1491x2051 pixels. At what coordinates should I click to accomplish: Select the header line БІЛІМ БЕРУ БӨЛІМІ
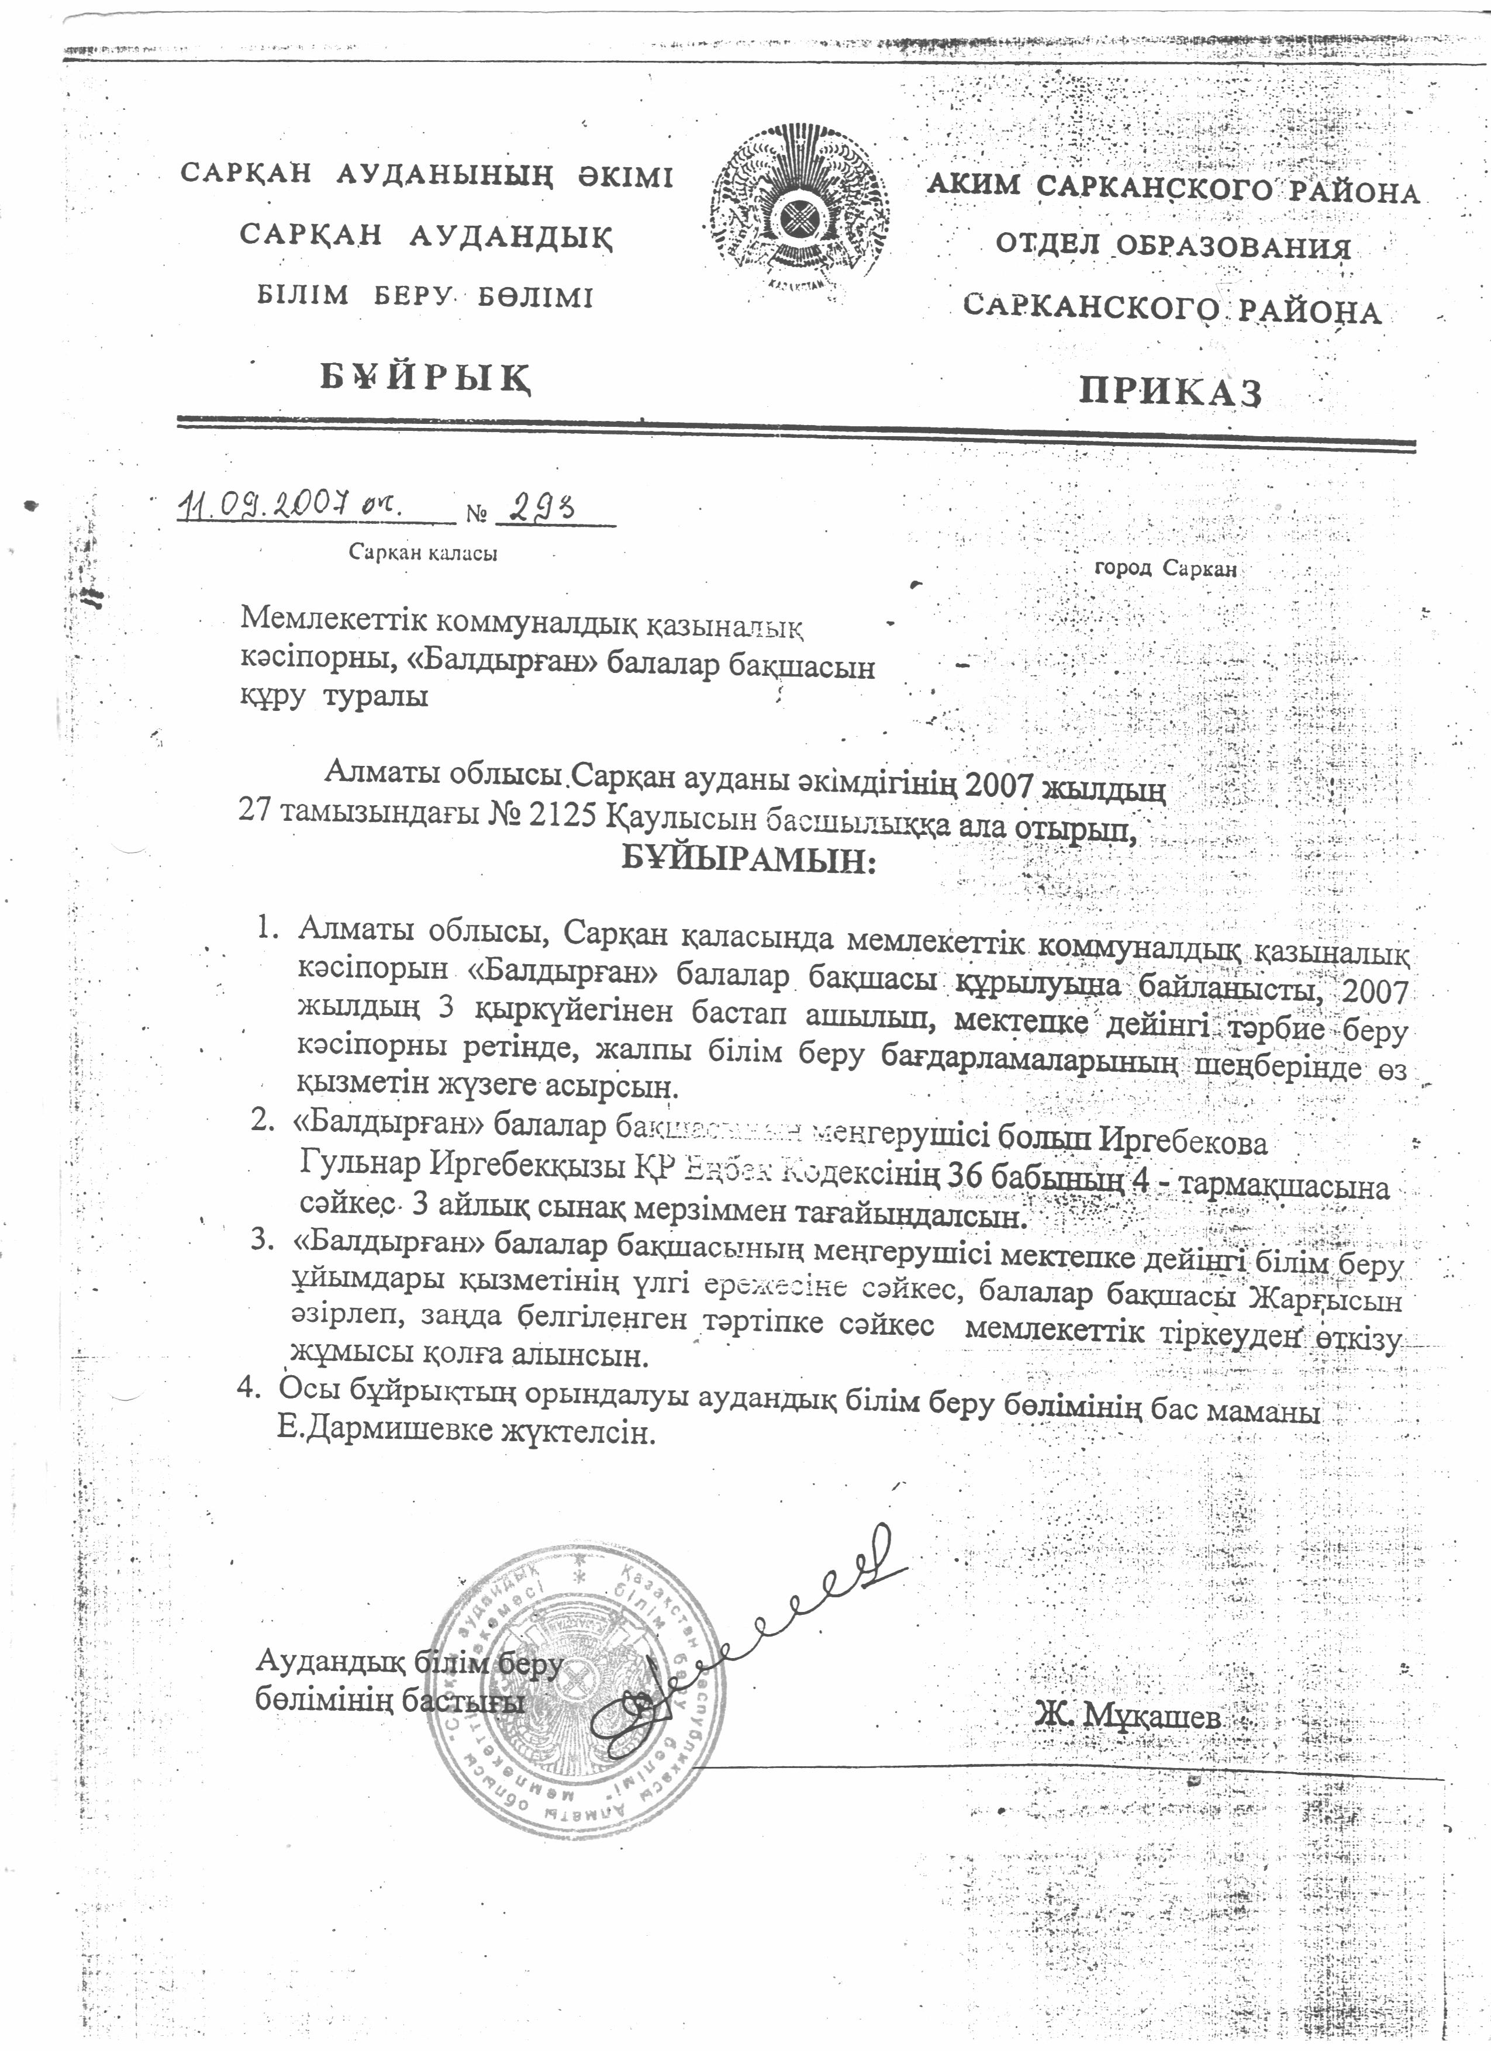click(x=426, y=296)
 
